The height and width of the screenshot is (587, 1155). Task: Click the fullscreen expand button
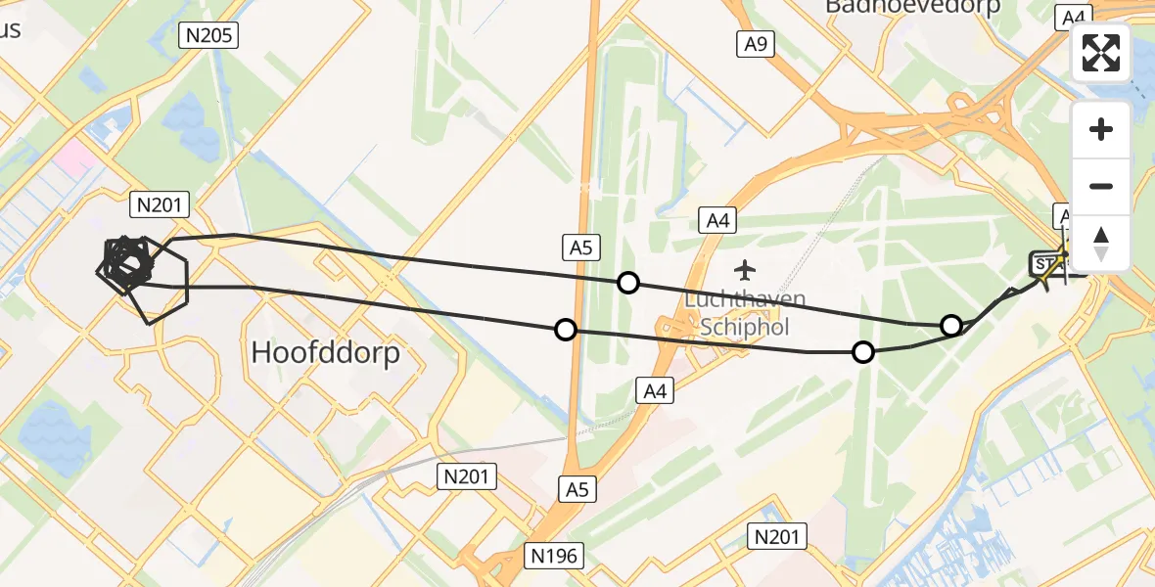click(1101, 53)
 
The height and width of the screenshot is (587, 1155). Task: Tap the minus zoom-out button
click(1101, 186)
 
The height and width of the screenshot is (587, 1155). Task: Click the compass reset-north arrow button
click(1101, 244)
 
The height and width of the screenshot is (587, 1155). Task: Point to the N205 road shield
click(208, 36)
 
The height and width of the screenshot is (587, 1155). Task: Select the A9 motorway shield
click(755, 42)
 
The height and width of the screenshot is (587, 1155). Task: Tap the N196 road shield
click(554, 556)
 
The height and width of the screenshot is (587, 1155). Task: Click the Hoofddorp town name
click(326, 352)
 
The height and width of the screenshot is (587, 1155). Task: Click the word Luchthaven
click(746, 299)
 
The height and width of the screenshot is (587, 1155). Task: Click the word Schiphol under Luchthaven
click(746, 326)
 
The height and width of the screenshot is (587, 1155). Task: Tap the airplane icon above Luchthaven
click(746, 268)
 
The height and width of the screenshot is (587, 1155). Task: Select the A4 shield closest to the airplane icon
click(718, 221)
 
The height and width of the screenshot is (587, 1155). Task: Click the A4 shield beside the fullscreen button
click(1074, 17)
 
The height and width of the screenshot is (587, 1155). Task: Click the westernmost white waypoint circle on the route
click(565, 330)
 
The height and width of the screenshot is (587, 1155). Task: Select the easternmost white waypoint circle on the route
click(950, 326)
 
